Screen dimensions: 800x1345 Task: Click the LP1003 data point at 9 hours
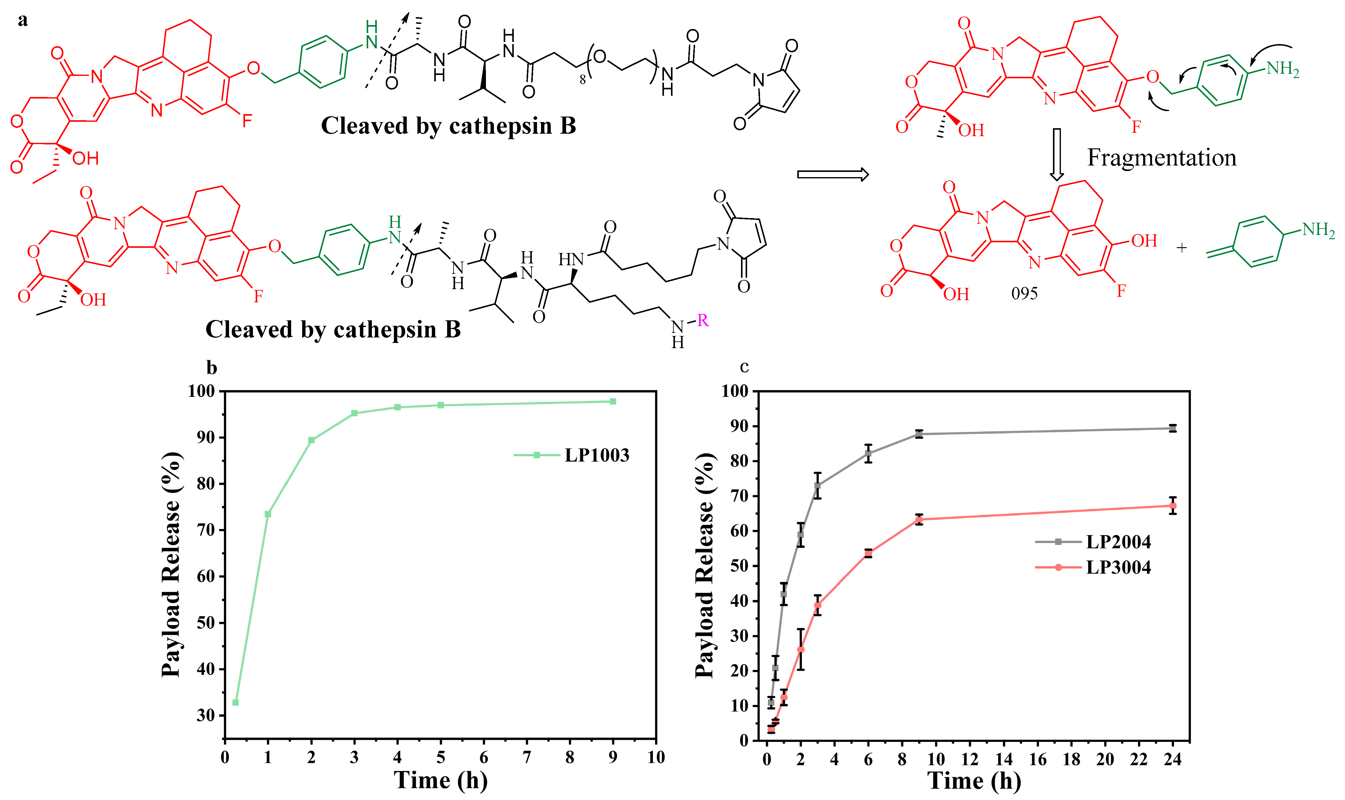[613, 402]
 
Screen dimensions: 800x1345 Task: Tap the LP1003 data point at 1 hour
[268, 514]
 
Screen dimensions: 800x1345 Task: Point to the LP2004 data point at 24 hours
[1172, 429]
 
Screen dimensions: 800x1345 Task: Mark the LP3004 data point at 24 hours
[1172, 506]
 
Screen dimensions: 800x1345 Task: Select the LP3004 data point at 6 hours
[868, 554]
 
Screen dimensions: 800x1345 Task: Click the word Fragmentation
[1161, 158]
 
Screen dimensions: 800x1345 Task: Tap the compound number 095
[1024, 293]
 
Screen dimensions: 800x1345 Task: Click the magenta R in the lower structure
[702, 321]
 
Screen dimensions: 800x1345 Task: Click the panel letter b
[212, 368]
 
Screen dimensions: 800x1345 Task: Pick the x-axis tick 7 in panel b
[526, 757]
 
